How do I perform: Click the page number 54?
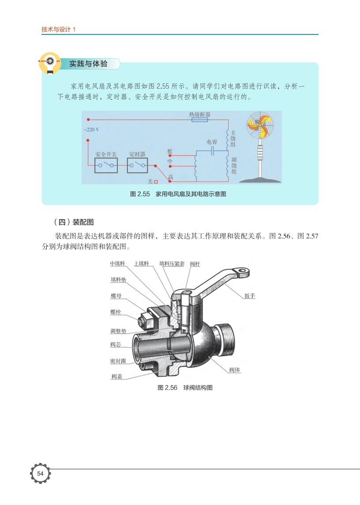[40, 473]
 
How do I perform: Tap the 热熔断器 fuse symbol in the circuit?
[200, 120]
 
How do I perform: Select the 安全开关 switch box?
[106, 165]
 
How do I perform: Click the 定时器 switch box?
[137, 165]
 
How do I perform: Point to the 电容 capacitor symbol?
[212, 150]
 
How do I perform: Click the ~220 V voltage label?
[91, 130]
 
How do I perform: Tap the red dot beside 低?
[170, 156]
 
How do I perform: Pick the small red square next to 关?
[156, 182]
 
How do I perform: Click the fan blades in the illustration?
[260, 125]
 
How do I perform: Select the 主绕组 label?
[233, 138]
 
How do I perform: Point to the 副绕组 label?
[234, 165]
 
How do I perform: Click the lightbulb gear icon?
[50, 63]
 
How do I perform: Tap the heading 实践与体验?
[88, 64]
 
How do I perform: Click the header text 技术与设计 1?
[58, 29]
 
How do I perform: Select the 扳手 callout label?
[250, 296]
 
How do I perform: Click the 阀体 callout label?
[235, 370]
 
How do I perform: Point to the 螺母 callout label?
[116, 296]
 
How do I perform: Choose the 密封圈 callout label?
[118, 361]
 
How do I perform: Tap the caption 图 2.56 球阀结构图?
[185, 387]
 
